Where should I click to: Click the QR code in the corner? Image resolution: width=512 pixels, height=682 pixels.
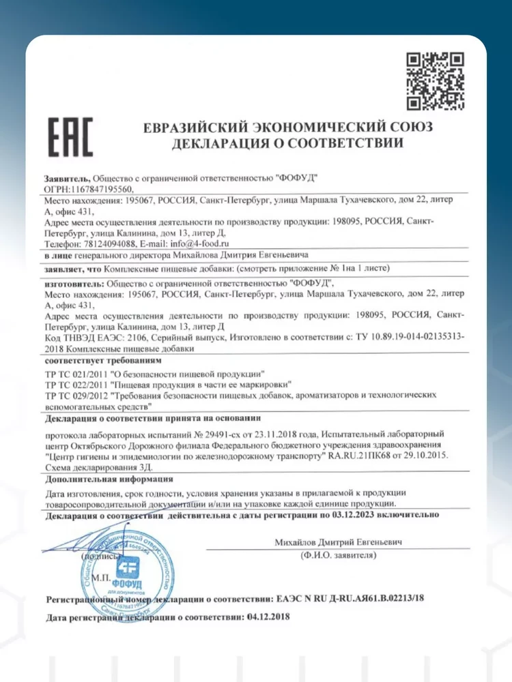[436, 81]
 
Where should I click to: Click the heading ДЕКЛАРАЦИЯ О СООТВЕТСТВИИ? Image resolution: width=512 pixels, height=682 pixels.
[287, 144]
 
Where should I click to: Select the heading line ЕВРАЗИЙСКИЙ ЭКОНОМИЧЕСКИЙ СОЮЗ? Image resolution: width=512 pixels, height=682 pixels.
[287, 128]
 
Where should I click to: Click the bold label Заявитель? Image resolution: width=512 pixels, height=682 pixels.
[66, 177]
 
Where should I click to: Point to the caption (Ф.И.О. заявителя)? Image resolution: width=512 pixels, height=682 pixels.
[338, 557]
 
